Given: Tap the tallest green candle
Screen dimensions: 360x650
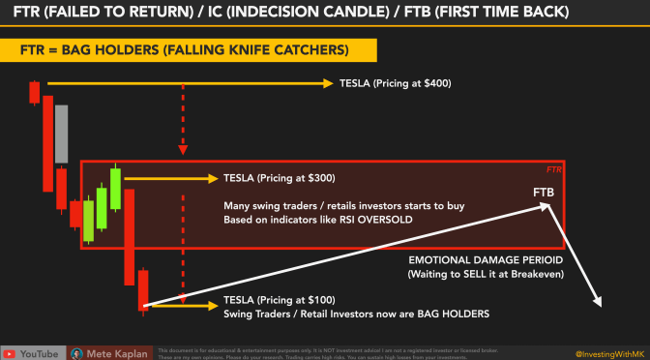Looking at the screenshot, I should [115, 188].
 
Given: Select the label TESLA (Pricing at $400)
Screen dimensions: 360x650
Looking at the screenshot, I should [396, 84].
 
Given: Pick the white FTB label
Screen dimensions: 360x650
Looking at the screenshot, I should [544, 193].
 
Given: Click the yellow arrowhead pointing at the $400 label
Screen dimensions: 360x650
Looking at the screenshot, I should [329, 84].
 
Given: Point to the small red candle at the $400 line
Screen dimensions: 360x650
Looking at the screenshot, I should [35, 92].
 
